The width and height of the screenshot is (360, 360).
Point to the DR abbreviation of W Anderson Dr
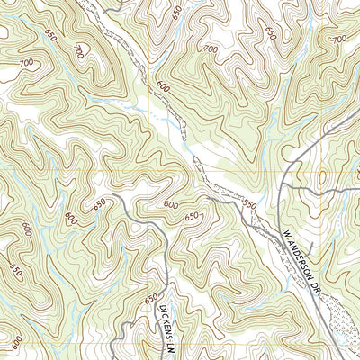(317, 286)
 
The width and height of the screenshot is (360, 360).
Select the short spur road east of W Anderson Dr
(309, 244)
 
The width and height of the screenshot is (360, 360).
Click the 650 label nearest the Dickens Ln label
(150, 299)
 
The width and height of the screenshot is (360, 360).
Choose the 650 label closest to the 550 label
(192, 217)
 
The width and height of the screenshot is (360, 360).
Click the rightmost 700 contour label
(339, 40)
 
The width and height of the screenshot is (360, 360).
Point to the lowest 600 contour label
(18, 342)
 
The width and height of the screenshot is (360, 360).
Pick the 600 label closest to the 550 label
(171, 205)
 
